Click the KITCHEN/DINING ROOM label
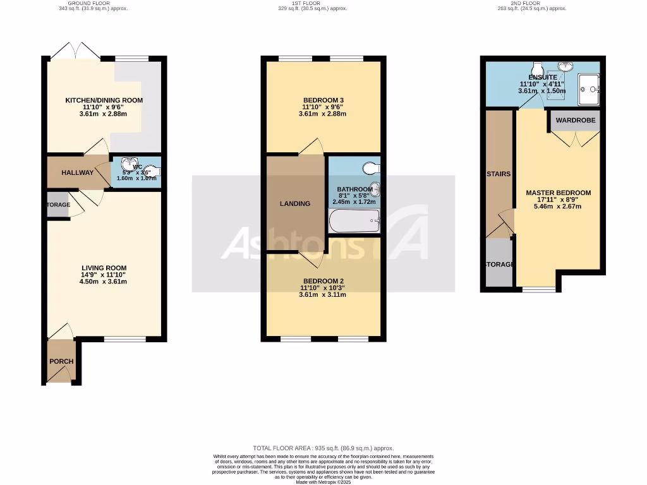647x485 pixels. point(104,100)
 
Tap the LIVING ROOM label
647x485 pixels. point(104,268)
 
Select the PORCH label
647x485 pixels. point(61,361)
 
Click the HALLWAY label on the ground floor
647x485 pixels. point(78,173)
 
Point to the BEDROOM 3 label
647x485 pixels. point(323,100)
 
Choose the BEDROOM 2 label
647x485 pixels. point(323,281)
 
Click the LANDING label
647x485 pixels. point(295,203)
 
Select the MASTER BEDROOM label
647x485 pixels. point(558,193)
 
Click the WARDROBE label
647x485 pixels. point(575,120)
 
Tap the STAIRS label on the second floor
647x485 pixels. point(499,174)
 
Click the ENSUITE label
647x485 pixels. point(543,77)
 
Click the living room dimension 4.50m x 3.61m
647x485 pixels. point(104,282)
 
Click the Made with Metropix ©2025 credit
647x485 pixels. point(323,482)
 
